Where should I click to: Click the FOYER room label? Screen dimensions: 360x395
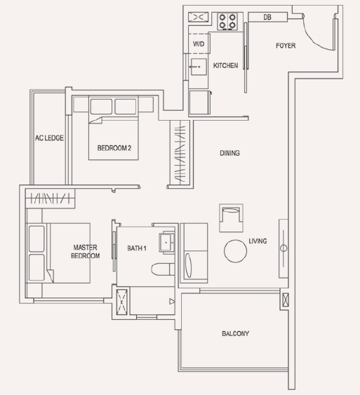tap(286, 46)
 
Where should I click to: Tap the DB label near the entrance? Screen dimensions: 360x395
tap(267, 17)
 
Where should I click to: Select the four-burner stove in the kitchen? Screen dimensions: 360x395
tap(227, 22)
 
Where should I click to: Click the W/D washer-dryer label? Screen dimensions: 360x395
tap(199, 43)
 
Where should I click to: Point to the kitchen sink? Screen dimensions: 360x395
tap(199, 67)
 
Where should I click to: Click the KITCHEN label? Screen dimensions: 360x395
tap(225, 65)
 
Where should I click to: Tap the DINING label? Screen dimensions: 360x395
tap(229, 153)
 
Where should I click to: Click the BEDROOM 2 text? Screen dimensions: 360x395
tap(114, 148)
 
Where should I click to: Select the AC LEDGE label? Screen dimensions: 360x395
tap(49, 138)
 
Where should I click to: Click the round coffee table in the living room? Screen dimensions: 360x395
tap(235, 251)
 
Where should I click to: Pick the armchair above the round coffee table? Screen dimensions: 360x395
tap(231, 218)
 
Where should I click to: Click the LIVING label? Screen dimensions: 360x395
tap(258, 241)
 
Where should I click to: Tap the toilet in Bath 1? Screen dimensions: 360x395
tap(163, 269)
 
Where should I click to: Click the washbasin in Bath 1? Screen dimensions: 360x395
tap(166, 242)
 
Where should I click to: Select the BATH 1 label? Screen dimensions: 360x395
tap(137, 248)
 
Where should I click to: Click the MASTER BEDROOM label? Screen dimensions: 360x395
tap(85, 251)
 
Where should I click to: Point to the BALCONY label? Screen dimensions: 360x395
tap(235, 333)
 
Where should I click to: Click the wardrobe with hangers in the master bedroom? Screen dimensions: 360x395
tap(50, 199)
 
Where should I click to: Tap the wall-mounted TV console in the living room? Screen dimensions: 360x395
tap(284, 248)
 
